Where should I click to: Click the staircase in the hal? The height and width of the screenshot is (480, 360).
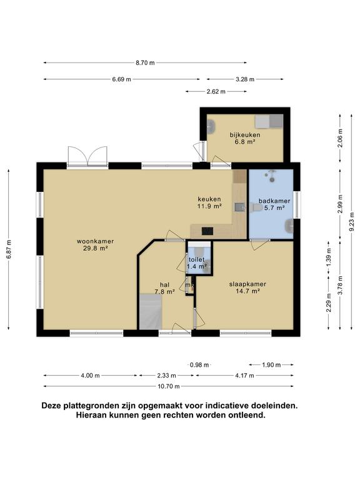pos(151,312)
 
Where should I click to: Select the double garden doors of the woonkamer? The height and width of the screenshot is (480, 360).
pos(88,156)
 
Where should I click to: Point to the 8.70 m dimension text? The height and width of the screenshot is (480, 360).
pos(144,62)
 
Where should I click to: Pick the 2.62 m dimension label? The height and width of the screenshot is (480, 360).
pos(216,91)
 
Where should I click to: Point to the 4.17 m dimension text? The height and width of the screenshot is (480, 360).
pos(245,376)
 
